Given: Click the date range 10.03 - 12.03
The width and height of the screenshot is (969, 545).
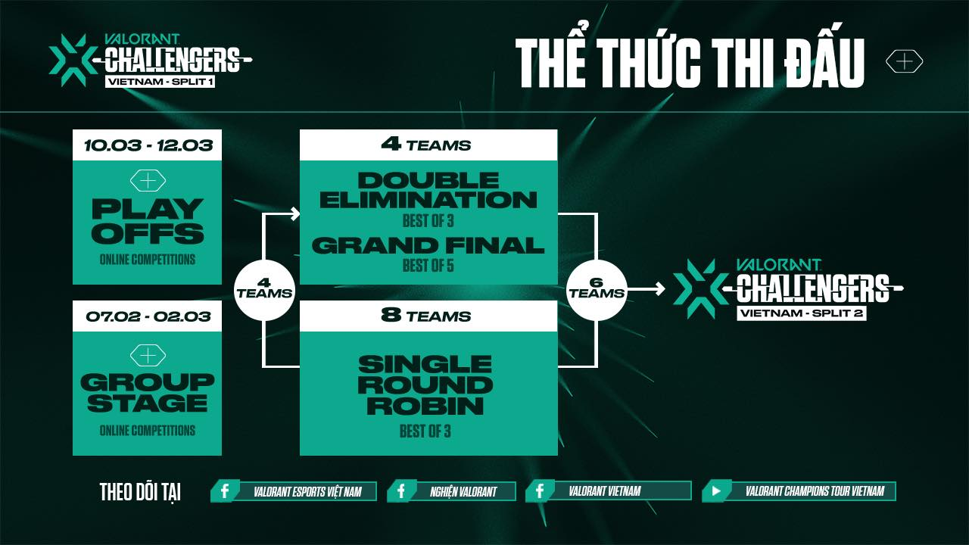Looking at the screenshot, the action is [148, 145].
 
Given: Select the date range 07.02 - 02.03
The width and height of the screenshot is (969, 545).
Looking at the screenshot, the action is [148, 316].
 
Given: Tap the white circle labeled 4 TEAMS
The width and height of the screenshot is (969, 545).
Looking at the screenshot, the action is [264, 290].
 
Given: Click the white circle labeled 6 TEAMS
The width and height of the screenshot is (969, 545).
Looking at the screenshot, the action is [597, 290].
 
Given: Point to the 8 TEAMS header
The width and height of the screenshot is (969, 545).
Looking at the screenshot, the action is [426, 316].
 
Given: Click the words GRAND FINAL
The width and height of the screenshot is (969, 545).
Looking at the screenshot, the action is [428, 246].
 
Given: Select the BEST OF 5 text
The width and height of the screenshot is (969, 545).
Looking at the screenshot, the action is [428, 266].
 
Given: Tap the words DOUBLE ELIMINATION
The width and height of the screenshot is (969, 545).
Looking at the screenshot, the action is [428, 190].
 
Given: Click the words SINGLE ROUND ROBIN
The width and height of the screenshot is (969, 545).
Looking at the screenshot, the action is [425, 385].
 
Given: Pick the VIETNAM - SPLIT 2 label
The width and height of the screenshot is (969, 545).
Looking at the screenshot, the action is [802, 313].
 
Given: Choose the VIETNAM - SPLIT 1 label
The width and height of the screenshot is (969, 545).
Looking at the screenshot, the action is [160, 81].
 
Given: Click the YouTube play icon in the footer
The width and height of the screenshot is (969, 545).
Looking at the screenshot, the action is [716, 491].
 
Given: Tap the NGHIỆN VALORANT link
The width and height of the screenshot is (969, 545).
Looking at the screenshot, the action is [463, 491].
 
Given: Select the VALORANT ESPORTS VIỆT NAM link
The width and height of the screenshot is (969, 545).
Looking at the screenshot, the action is [307, 491].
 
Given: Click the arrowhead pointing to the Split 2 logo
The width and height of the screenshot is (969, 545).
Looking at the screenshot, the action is [660, 289].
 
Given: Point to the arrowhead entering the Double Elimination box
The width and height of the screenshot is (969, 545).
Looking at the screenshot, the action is [295, 213].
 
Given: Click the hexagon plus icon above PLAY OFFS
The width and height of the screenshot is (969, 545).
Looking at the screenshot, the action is [148, 180].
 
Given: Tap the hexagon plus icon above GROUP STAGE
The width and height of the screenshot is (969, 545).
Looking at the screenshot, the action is [148, 356].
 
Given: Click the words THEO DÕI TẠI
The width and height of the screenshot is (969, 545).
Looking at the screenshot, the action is [140, 492].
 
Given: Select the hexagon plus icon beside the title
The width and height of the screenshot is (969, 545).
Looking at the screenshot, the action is [904, 61].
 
